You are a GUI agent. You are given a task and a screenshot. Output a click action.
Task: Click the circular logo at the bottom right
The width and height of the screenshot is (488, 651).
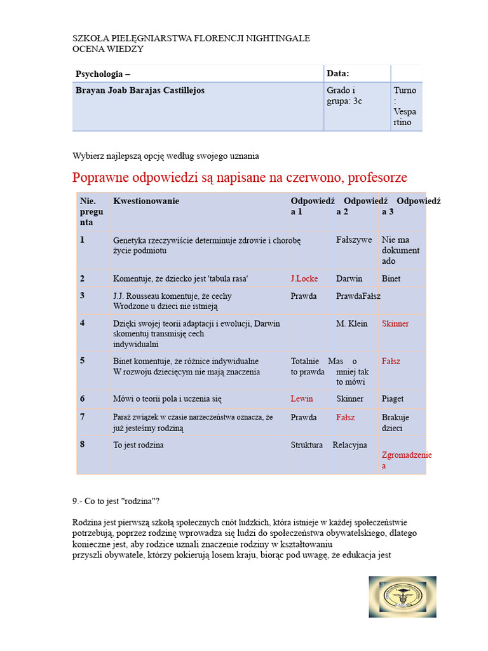coord(402,597)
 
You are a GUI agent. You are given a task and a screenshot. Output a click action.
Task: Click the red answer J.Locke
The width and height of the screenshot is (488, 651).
coord(304,278)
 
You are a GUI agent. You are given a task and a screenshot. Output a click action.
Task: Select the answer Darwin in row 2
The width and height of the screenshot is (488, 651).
coord(349,278)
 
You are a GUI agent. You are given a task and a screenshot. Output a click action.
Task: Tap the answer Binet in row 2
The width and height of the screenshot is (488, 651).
coord(391,278)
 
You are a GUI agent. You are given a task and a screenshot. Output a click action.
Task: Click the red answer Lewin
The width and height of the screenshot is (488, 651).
coord(302,399)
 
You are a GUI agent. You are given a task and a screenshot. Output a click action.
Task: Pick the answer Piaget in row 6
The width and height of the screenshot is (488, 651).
coord(392,399)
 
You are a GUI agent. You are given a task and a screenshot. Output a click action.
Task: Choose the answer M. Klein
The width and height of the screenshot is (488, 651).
coord(351,324)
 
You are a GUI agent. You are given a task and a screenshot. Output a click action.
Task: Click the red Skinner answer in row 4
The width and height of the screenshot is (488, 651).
coord(395,324)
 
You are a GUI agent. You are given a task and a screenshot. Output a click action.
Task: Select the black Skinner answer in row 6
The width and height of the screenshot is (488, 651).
coord(350,399)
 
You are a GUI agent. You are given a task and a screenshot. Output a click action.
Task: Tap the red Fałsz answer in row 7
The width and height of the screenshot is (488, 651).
coord(346,418)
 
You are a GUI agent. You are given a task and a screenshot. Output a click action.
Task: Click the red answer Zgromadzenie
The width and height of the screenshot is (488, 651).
coord(406,455)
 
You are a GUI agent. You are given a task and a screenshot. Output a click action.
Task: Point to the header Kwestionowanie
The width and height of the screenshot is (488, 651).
coord(146,201)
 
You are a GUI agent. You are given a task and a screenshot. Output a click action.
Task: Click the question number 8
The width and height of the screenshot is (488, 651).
coord(83,444)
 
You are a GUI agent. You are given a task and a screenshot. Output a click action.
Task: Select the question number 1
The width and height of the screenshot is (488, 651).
coord(83,240)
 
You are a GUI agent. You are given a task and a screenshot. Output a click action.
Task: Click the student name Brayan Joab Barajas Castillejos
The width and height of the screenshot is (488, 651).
coord(140,90)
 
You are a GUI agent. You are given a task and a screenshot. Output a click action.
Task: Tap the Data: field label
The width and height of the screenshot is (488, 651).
coord(338,73)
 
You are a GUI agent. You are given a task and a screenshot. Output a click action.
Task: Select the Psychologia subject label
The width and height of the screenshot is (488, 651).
coord(102,74)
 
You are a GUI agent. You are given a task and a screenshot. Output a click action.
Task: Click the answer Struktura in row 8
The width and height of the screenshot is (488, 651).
coord(306,445)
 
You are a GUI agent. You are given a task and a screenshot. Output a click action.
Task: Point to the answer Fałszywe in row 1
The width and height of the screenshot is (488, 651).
coord(354,240)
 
